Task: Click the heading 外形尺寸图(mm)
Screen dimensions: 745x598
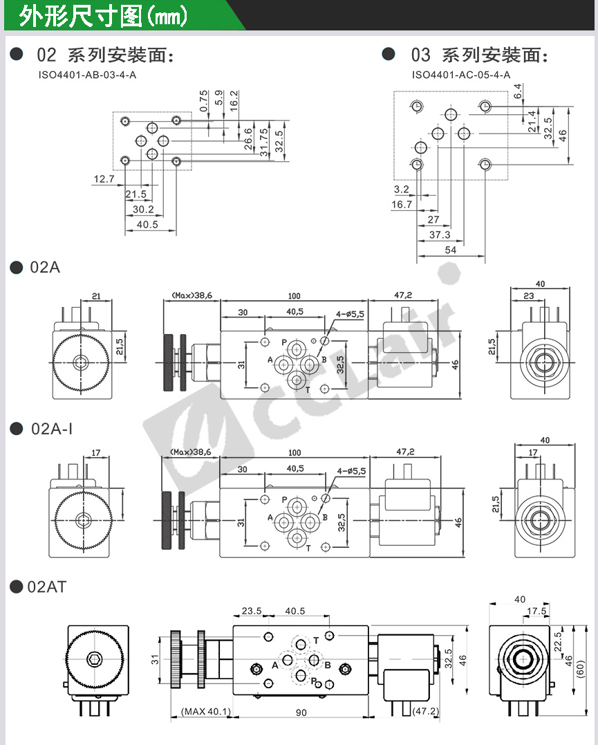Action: tap(104, 15)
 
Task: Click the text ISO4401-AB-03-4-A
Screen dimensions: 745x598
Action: tap(87, 74)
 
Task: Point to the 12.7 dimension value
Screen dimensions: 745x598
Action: tap(103, 179)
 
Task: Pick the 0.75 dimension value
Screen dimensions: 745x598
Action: tap(203, 100)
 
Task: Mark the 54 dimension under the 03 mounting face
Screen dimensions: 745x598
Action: tap(450, 250)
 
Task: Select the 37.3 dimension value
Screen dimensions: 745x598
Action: tap(440, 235)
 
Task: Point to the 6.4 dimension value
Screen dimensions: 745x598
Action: tap(518, 91)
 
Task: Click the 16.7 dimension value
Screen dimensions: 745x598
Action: tap(401, 204)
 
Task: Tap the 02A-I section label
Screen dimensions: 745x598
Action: tap(52, 429)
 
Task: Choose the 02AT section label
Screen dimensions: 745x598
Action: tap(47, 587)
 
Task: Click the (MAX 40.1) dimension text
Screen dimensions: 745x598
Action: tap(205, 712)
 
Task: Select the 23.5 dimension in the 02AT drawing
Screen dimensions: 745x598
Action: tap(251, 611)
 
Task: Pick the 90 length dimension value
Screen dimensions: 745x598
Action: tap(301, 712)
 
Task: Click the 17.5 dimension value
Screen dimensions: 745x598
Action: tap(536, 611)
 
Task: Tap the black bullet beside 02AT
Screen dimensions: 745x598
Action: tap(17, 587)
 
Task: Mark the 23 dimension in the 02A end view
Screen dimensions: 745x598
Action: tap(528, 295)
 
